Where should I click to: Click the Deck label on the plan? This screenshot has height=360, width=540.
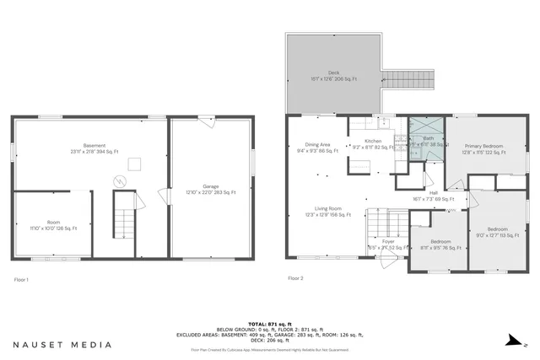coord(333,75)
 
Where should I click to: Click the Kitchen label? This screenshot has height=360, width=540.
coord(373,144)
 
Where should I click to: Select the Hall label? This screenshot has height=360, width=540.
coord(432,196)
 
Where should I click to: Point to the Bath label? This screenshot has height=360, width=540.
coord(428,141)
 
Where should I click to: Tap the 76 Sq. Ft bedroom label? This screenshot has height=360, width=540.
coord(439,244)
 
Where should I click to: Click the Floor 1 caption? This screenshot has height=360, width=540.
coord(22,278)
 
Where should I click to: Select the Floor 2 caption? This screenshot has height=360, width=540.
coord(295,278)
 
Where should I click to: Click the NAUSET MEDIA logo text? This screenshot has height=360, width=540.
coord(62,345)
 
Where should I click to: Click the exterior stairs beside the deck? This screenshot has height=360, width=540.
coord(413,81)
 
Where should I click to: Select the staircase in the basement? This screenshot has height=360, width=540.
coord(125,223)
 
